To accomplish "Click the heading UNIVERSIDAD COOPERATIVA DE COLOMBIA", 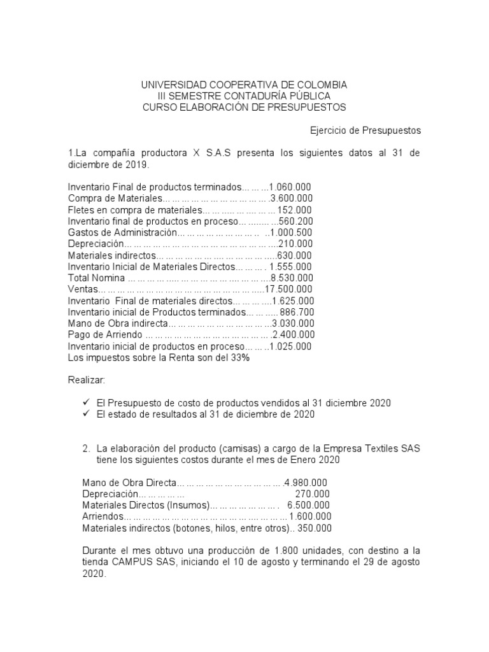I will tap(244, 85).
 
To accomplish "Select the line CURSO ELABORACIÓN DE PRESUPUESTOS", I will tap(244, 108).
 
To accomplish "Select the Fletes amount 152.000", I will tap(295, 209).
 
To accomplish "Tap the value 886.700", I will tap(296, 312).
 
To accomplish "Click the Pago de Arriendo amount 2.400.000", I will tap(293, 335).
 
